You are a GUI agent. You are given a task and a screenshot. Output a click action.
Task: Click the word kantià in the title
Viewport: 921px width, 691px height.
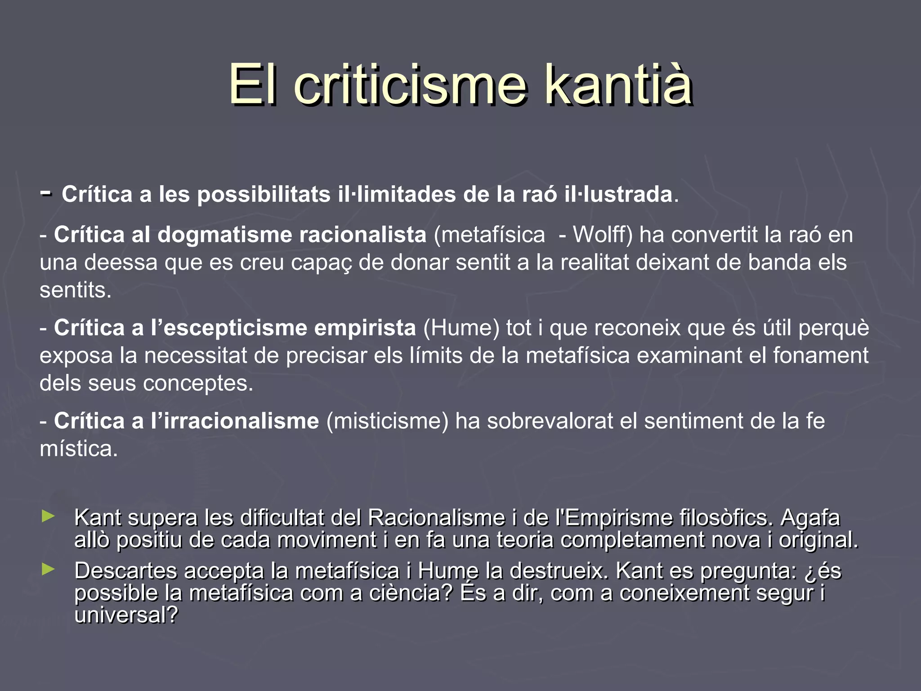(618, 85)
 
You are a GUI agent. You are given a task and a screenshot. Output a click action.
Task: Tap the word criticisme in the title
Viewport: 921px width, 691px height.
(410, 85)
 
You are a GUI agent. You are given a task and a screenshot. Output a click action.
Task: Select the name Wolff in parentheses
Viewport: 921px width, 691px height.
(603, 235)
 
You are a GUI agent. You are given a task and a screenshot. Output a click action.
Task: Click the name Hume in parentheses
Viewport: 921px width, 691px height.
(461, 328)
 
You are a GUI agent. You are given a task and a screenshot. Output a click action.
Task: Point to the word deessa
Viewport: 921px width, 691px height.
(121, 262)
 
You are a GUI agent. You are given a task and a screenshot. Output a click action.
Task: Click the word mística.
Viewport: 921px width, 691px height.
(78, 449)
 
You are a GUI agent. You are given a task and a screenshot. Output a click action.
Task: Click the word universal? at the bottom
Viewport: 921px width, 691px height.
(126, 615)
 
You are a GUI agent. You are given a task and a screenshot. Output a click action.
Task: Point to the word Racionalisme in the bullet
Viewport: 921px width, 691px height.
(436, 518)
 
